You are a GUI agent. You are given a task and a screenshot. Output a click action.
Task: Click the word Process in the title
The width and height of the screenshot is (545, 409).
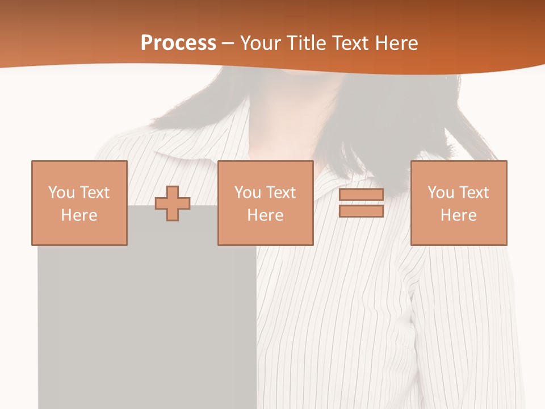[x=178, y=43]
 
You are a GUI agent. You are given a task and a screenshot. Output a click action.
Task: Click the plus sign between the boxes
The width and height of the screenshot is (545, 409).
[x=173, y=203]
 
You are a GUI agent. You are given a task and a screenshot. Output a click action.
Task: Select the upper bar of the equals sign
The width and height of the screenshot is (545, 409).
[x=361, y=195]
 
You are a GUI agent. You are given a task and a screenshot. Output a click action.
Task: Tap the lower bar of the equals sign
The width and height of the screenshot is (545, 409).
[x=361, y=211]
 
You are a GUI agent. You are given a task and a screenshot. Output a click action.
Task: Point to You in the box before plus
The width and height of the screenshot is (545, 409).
[x=61, y=193]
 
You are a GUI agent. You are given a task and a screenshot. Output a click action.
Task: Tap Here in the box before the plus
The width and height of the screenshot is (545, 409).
[x=79, y=215]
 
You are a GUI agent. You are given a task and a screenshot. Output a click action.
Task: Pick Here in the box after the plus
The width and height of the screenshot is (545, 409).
[x=266, y=215]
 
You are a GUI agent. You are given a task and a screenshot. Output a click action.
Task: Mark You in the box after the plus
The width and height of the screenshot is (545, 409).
[x=247, y=193]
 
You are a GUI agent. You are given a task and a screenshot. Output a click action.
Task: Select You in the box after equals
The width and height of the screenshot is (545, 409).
[x=440, y=193]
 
